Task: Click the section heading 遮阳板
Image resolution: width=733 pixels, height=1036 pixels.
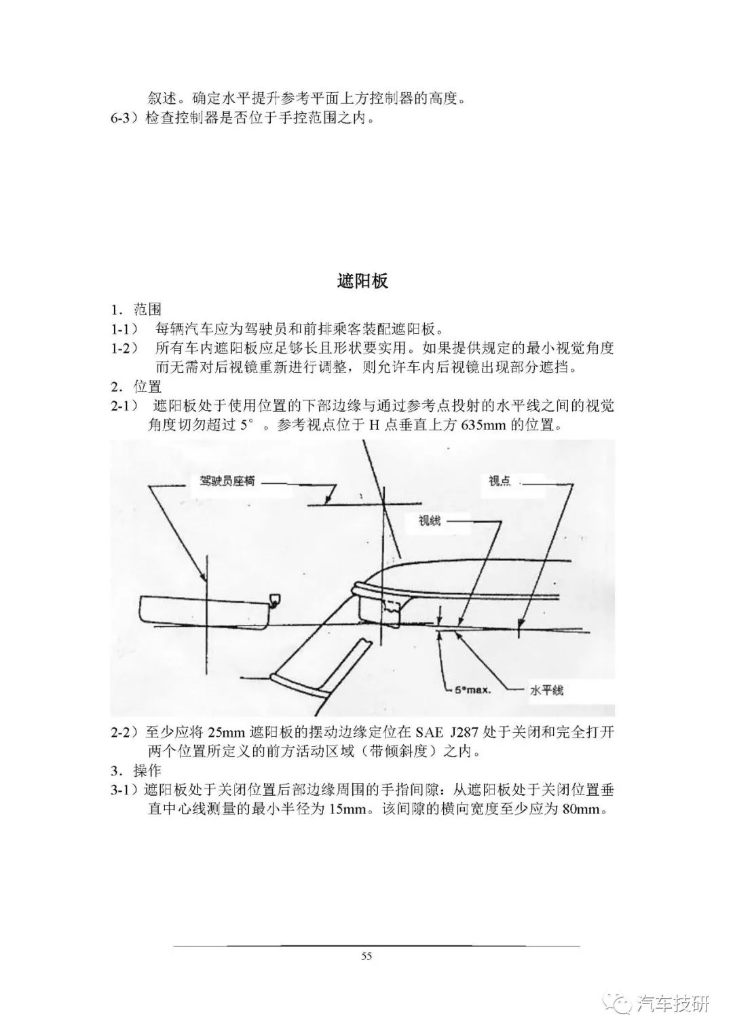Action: [x=363, y=281]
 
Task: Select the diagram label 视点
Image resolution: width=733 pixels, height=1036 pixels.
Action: [x=500, y=481]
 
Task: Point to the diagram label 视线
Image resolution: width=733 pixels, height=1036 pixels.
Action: [x=430, y=521]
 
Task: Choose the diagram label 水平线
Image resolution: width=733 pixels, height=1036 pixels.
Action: [x=546, y=691]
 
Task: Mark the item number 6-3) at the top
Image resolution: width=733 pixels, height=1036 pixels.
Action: [x=125, y=119]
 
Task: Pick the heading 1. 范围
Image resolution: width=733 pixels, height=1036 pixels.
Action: [x=136, y=309]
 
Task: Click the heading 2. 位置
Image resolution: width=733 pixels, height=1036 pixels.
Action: [x=136, y=386]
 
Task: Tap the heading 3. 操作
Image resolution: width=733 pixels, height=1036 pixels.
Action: [x=136, y=771]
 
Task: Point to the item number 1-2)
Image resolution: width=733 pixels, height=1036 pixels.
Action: [x=124, y=348]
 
